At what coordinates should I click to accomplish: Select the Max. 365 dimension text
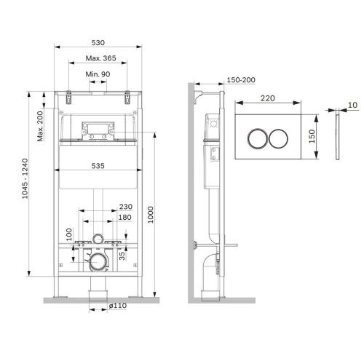click(x=98, y=58)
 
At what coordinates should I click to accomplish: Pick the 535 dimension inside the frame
click(x=98, y=166)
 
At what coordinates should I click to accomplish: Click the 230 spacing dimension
click(x=125, y=206)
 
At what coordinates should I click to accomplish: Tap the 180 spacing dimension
click(x=125, y=217)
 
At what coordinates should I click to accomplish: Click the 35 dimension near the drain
click(x=122, y=254)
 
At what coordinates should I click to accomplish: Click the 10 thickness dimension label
click(x=352, y=105)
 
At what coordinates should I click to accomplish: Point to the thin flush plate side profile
click(x=339, y=138)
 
